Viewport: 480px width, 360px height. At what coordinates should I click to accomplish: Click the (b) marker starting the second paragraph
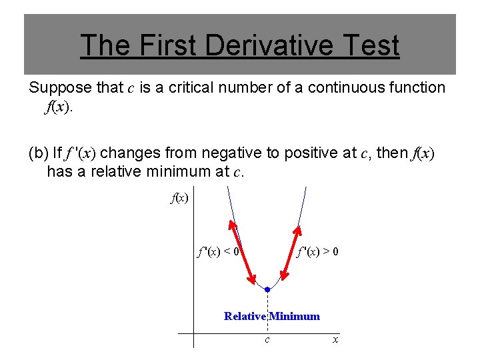click(38, 153)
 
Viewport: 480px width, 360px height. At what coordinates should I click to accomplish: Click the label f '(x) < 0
click(217, 252)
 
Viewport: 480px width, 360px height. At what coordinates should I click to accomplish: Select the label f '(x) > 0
click(317, 252)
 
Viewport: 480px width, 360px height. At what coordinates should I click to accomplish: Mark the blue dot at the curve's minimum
click(267, 289)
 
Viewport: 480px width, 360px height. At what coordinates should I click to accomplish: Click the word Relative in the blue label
click(245, 316)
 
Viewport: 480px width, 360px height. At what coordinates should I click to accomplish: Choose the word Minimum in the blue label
click(295, 316)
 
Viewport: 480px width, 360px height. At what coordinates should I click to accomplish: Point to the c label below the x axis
click(267, 340)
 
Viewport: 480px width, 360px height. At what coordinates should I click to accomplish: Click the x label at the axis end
click(335, 340)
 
